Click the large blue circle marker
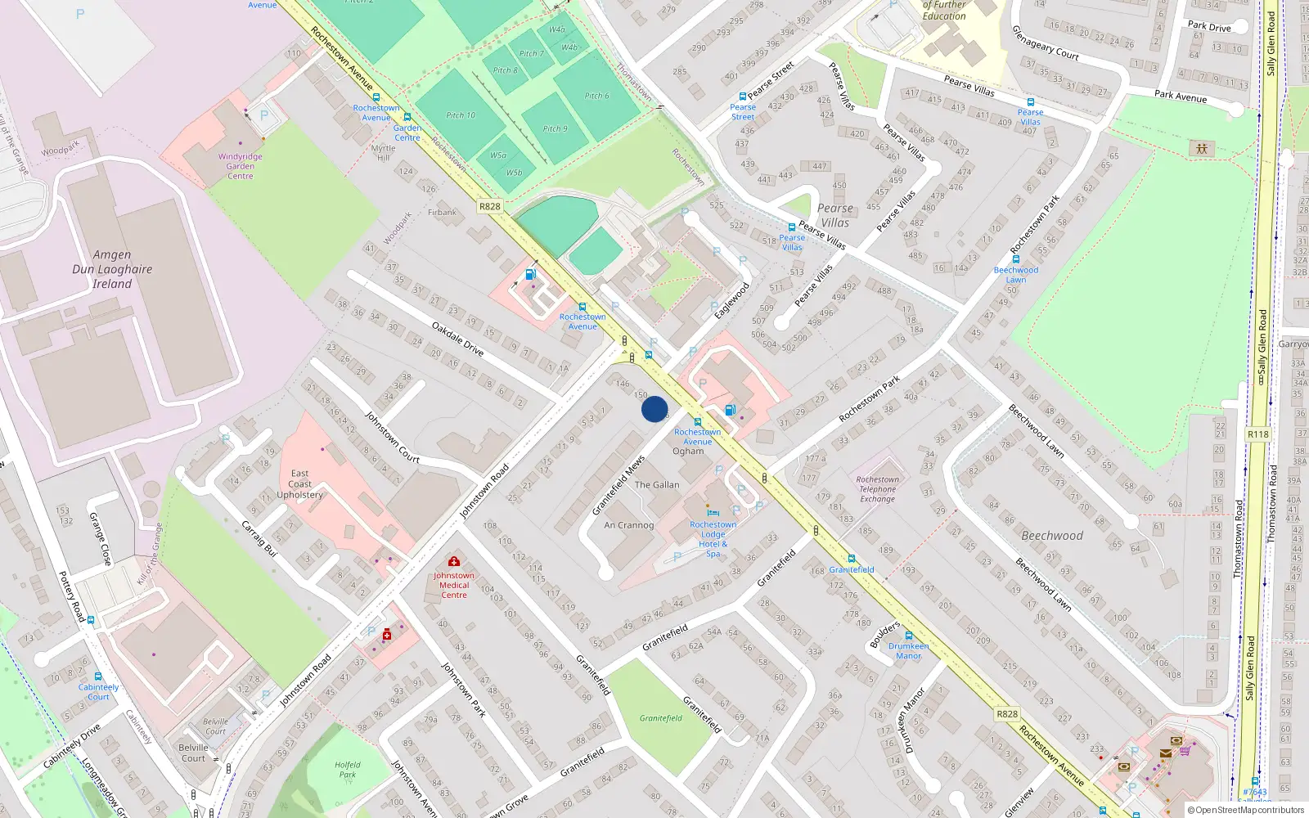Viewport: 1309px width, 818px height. click(654, 409)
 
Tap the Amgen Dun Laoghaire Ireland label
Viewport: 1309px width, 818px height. click(112, 269)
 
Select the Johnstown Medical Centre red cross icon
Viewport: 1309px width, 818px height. click(453, 561)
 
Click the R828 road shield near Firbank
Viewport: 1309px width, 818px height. click(489, 206)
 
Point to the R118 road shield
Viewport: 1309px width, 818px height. click(1257, 434)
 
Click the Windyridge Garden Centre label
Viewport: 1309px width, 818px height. click(241, 166)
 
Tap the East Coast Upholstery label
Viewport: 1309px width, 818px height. click(299, 484)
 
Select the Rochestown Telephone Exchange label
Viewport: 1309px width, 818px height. click(877, 489)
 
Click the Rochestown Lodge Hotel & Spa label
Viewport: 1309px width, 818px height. click(713, 539)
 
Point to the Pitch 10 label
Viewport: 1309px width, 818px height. click(461, 115)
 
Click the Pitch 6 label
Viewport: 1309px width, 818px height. click(596, 96)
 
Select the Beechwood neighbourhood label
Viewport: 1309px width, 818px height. click(1052, 536)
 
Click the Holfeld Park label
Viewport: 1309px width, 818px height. click(347, 770)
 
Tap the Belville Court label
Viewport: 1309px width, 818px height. click(193, 753)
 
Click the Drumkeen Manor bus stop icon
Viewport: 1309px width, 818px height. click(908, 636)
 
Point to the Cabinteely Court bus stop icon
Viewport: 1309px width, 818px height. click(98, 677)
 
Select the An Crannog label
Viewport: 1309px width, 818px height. click(628, 525)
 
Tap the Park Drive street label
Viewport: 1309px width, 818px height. click(1209, 27)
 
